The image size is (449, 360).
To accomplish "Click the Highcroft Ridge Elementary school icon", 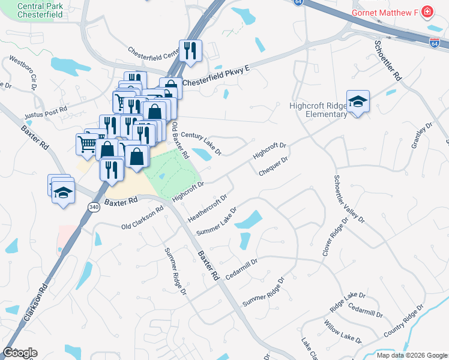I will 358,101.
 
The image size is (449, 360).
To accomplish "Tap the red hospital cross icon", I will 427,11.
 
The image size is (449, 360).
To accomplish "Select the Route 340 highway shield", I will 93,207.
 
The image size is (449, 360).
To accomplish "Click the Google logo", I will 20,353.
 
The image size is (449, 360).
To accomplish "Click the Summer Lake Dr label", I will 216,221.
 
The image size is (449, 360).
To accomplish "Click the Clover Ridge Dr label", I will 335,236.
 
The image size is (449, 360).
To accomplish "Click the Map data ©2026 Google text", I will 412,355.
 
